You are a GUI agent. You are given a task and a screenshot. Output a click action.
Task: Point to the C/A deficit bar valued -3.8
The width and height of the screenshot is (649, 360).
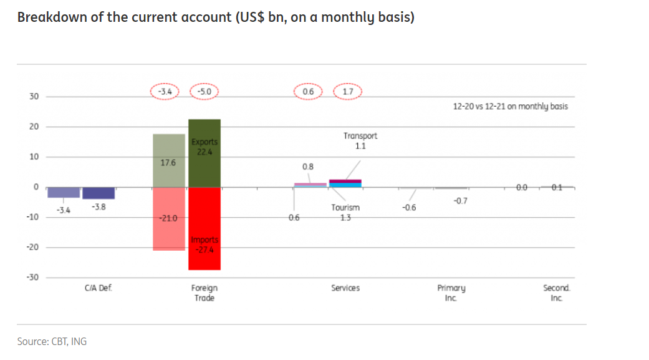99,193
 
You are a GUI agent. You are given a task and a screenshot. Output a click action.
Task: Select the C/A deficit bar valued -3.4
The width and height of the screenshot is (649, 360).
64,192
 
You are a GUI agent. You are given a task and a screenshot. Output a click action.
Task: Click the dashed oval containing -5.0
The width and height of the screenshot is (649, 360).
204,92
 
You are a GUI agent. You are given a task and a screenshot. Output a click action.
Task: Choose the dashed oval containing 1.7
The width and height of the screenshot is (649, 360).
348,92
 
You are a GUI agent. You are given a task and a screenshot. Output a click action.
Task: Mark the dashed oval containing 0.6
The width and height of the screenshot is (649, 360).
308,92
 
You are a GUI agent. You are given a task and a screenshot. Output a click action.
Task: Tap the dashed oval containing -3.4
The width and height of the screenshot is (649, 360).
165,92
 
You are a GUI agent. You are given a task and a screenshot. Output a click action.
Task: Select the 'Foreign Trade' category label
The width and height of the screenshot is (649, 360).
204,293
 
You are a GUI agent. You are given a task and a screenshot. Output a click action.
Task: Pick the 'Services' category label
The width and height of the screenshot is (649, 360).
345,288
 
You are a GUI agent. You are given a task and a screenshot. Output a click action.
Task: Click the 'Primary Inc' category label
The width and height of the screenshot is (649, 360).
451,293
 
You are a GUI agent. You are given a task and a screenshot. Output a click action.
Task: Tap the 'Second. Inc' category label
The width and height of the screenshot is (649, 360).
556,293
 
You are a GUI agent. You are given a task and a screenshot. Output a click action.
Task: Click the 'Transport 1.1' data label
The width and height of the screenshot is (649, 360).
360,141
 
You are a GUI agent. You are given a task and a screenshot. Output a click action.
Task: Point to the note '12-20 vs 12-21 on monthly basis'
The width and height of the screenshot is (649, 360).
510,107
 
